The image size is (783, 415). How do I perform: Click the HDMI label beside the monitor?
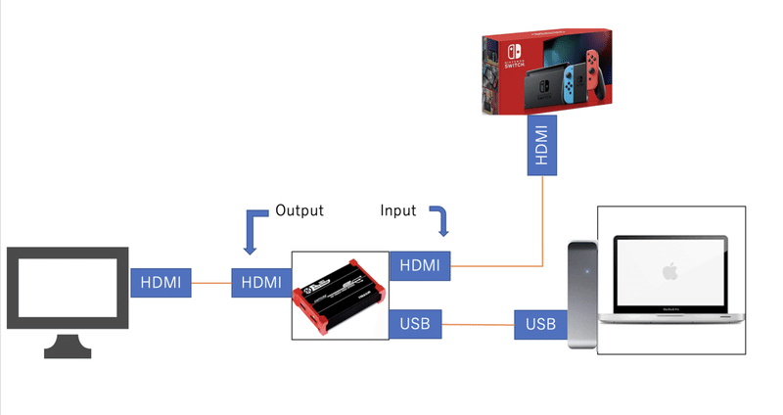160,282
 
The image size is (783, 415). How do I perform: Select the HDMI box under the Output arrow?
260,282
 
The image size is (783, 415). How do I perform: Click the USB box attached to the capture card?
415,323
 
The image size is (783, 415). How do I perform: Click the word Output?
299,210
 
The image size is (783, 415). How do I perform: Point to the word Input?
398,210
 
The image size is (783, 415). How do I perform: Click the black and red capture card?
340,294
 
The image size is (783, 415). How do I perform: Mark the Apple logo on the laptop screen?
670,269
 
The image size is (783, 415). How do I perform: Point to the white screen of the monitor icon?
68,287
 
